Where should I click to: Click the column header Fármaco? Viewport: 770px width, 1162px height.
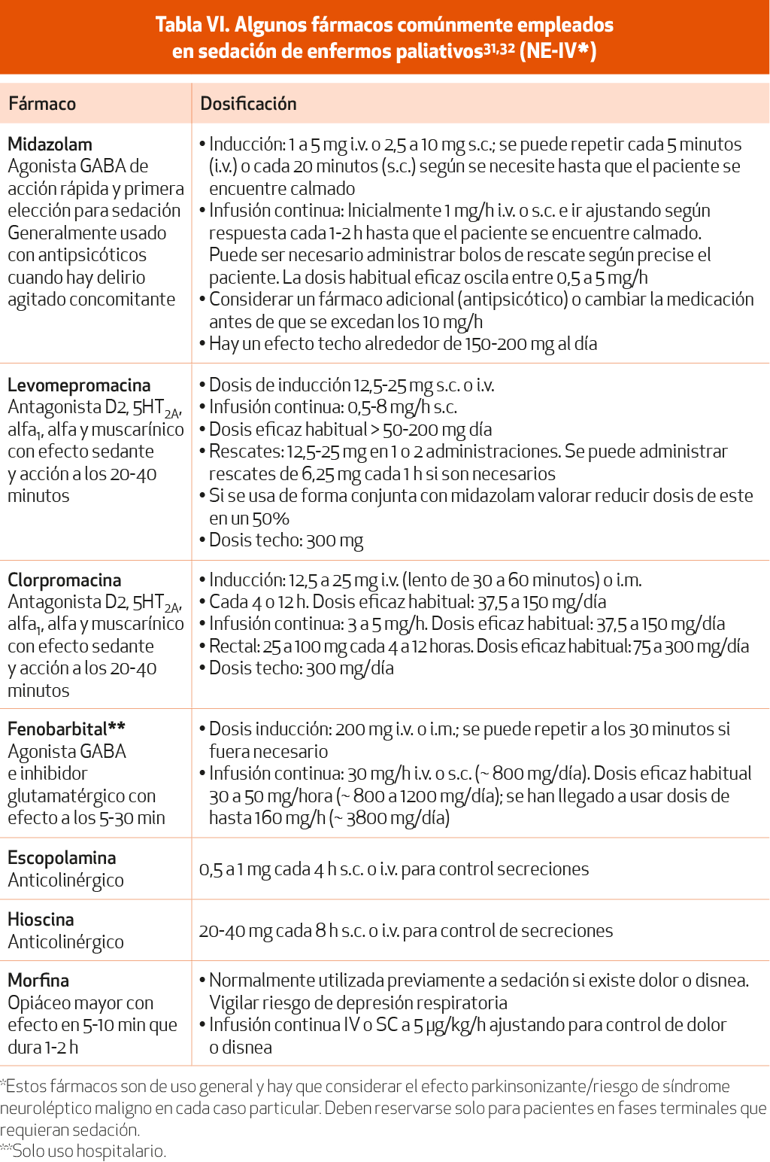coord(42,104)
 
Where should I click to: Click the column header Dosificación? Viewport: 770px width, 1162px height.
coord(248,104)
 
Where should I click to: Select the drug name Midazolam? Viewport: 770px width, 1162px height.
coord(50,144)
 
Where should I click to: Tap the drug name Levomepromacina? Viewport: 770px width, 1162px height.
coord(79,385)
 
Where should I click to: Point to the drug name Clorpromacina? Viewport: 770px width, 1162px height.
coord(64,580)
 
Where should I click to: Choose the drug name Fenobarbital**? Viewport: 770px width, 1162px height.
coord(66,729)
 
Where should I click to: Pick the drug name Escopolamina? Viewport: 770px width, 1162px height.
coord(62,858)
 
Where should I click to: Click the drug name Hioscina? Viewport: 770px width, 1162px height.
coord(41,920)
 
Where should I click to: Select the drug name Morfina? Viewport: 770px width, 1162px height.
coord(38,981)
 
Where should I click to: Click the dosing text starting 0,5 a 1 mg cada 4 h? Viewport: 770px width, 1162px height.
coord(393,869)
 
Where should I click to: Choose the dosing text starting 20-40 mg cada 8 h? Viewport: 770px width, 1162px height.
coord(406,931)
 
